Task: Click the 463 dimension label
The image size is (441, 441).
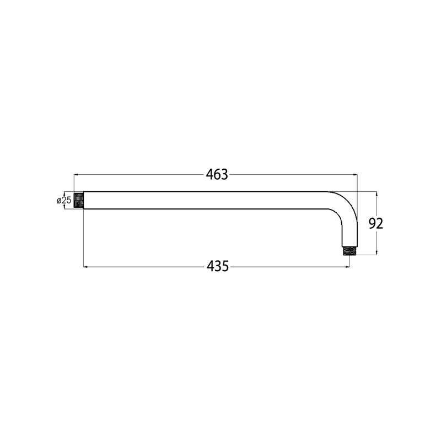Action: tap(217, 175)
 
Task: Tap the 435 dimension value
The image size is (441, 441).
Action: tap(218, 266)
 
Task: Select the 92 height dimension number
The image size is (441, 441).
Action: tap(376, 224)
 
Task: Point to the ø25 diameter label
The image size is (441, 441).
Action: tap(64, 201)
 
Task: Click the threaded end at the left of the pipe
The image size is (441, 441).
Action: tap(78, 200)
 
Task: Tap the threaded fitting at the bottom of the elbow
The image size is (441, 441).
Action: tap(349, 251)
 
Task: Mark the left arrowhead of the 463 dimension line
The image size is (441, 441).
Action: tap(76, 175)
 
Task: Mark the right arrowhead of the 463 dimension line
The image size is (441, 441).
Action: tap(355, 175)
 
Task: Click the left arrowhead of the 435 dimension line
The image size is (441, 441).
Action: tap(86, 267)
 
